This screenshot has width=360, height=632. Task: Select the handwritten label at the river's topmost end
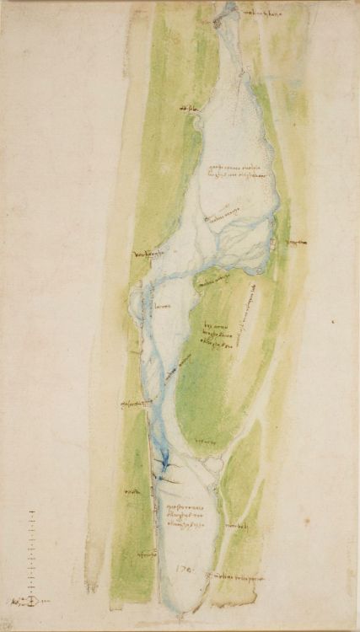[x=253, y=13]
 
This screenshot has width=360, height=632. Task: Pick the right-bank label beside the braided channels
[x=294, y=243]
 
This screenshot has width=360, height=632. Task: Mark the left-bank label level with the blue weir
[x=132, y=491]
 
